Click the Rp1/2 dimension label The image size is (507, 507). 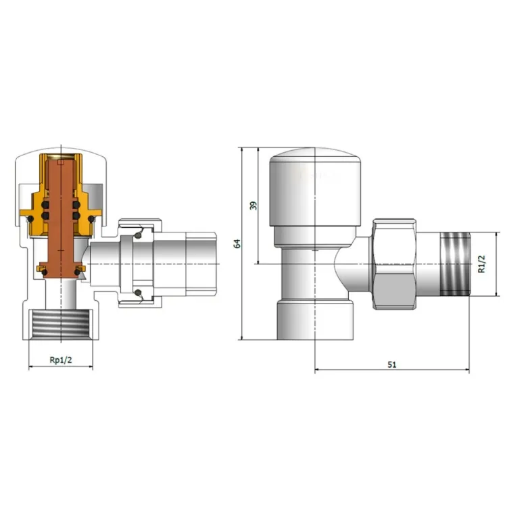(61, 360)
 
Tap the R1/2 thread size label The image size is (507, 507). (481, 264)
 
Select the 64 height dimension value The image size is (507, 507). (237, 243)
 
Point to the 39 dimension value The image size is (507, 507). (254, 206)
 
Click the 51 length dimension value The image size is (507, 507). (392, 365)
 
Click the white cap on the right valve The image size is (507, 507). (315, 187)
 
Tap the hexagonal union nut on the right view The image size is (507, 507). (395, 264)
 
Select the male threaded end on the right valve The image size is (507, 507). (455, 264)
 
